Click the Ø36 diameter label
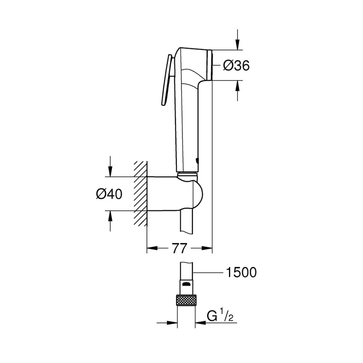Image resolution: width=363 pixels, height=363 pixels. tap(236, 65)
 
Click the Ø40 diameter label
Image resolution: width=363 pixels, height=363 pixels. tap(109, 194)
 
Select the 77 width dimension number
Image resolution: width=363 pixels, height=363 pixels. tap(180, 249)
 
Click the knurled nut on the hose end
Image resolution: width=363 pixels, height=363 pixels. tap(186, 299)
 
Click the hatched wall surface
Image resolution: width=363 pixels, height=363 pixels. tap(141, 194)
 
